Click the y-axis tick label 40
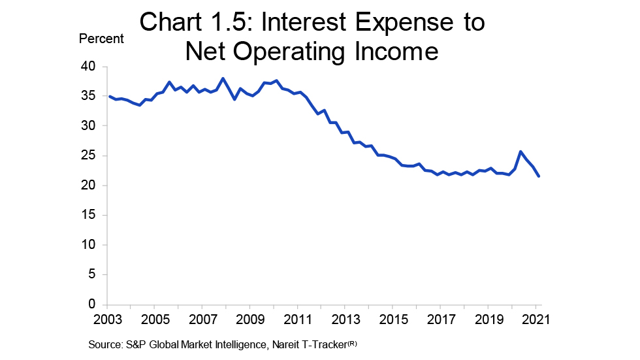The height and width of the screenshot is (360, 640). click(x=88, y=67)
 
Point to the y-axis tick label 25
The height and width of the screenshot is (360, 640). click(x=88, y=156)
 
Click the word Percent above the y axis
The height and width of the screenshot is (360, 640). click(x=101, y=39)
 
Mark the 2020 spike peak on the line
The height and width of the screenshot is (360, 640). click(x=520, y=152)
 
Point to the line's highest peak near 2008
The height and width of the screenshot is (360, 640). click(x=223, y=78)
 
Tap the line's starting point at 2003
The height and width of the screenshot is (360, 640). click(x=108, y=96)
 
